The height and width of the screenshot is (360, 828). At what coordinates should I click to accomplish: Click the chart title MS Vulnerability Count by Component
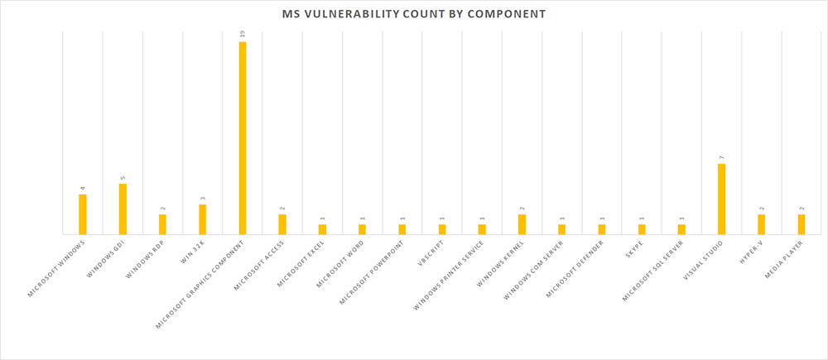(414, 14)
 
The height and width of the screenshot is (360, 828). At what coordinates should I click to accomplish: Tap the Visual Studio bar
(722, 199)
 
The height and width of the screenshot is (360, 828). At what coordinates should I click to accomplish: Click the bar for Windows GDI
(123, 209)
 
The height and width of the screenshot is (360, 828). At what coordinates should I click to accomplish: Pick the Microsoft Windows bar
(83, 214)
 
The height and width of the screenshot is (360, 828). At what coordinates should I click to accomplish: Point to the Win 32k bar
(203, 219)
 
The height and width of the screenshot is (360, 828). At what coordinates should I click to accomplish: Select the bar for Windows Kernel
(522, 224)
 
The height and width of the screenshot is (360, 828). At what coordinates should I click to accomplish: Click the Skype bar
(643, 229)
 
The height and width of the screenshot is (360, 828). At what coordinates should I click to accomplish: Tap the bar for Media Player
(802, 224)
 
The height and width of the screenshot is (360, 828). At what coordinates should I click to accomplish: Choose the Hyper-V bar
(762, 224)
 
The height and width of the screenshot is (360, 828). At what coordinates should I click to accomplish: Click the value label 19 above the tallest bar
(243, 34)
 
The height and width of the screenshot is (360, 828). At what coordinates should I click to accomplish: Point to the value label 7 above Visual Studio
(722, 156)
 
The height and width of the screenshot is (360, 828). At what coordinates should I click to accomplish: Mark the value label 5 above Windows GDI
(123, 177)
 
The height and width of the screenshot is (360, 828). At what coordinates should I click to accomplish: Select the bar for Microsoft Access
(282, 224)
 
